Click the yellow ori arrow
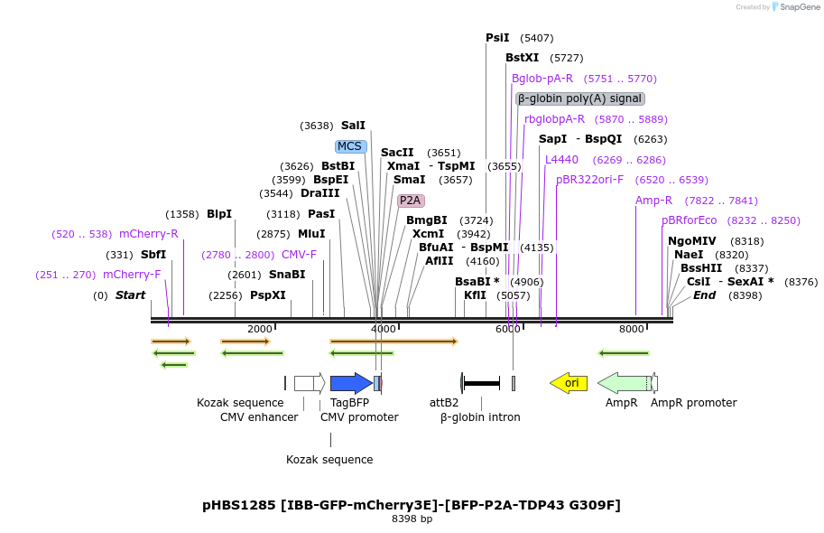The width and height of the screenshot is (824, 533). (x=569, y=383)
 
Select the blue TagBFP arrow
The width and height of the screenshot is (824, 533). (x=350, y=383)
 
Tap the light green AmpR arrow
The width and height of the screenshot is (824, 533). (x=623, y=383)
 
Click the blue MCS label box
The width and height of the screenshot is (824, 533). (x=349, y=146)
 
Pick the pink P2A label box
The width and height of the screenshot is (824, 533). (x=411, y=201)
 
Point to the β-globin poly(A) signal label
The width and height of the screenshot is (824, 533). (x=579, y=98)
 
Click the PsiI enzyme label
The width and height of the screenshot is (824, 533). (x=497, y=38)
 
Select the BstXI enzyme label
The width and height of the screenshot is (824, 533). (x=522, y=58)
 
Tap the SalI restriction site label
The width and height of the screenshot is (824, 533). (x=353, y=126)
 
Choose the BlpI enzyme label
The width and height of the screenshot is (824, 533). (x=219, y=214)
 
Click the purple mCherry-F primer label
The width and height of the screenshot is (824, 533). (x=132, y=275)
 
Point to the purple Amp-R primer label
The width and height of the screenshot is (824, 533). (x=653, y=201)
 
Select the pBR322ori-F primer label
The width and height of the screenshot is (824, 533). (x=589, y=180)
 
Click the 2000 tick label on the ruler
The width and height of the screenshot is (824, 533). (x=259, y=329)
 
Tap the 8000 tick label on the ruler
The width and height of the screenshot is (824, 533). (x=632, y=329)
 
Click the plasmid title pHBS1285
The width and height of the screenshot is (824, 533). (x=412, y=505)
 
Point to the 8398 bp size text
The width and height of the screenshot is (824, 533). (x=412, y=519)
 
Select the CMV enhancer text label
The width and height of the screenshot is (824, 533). (x=259, y=417)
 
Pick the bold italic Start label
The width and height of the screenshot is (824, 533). (x=130, y=295)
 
